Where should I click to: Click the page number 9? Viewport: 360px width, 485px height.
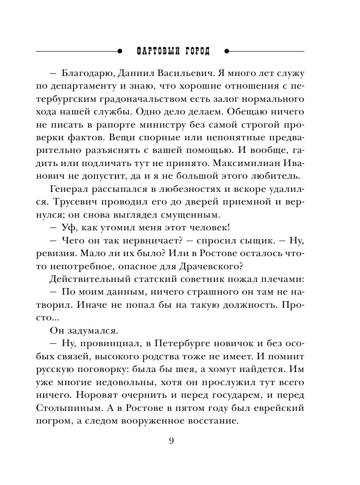tap(171, 440)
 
